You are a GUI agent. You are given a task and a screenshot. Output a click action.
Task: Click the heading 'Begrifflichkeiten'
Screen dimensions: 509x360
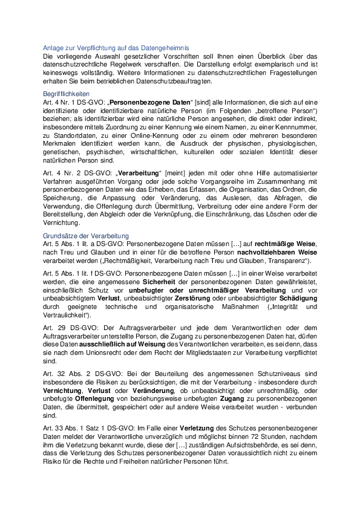click(x=67, y=95)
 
